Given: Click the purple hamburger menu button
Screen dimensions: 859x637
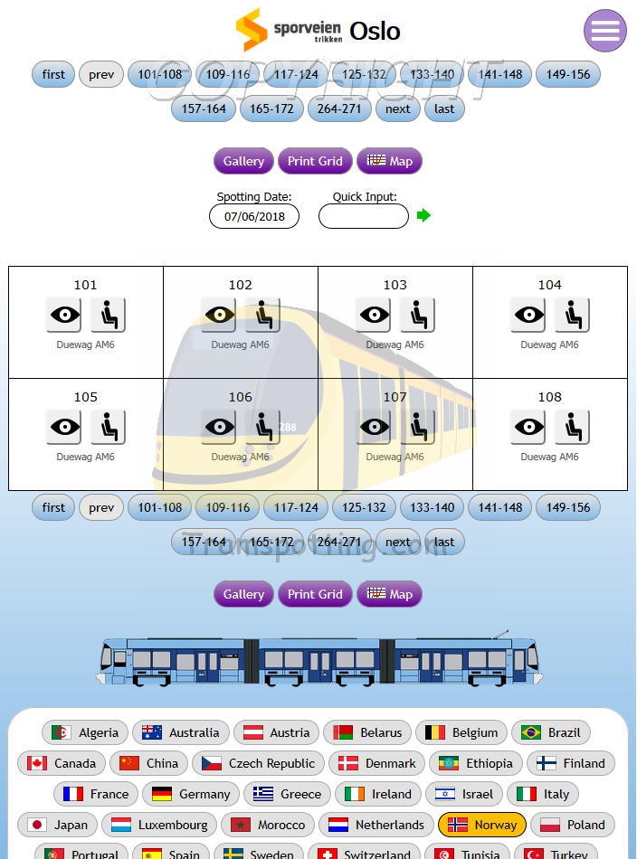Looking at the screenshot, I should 604,31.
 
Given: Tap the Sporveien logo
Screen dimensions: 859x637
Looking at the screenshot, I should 289,31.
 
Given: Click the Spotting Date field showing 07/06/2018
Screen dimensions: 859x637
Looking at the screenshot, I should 254,217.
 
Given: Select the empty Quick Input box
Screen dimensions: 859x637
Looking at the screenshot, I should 363,217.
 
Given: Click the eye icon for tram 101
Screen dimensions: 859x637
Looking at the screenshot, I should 63,315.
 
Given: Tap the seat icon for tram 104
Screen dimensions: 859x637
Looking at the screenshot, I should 572,315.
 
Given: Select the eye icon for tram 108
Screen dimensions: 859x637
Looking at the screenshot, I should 528,427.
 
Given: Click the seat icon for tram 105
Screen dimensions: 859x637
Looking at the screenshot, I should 108,427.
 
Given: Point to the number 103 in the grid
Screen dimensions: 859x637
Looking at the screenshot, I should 395,285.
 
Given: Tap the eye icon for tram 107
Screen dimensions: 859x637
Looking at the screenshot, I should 373,427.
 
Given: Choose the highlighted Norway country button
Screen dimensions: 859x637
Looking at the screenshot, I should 482,825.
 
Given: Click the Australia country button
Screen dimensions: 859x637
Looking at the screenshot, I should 181,732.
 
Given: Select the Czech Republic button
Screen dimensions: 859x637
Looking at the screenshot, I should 258,763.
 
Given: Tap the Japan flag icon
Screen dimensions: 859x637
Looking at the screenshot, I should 37,825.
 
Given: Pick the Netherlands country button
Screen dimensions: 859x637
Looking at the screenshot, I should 376,825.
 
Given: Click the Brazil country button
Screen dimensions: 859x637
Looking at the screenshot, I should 551,732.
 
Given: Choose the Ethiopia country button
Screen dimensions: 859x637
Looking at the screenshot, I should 476,763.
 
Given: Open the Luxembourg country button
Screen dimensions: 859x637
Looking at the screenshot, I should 159,825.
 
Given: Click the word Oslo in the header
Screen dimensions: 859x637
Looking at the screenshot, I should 375,31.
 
